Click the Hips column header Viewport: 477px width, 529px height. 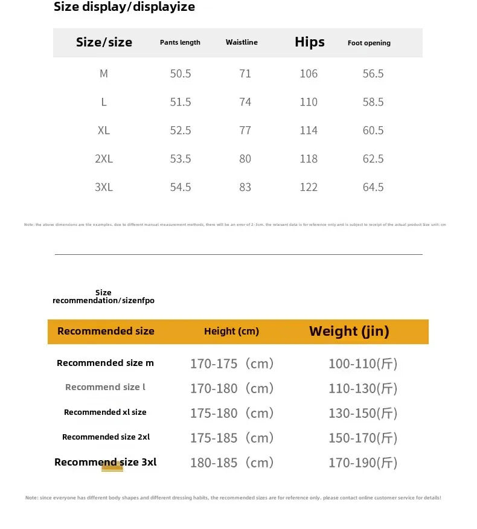pos(309,42)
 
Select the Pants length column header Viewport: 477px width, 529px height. pos(180,42)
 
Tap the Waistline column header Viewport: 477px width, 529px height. pos(242,42)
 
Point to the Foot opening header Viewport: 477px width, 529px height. pos(369,43)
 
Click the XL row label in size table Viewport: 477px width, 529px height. pos(104,130)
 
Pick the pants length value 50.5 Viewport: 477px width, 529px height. pos(181,74)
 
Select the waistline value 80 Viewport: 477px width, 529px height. pos(245,159)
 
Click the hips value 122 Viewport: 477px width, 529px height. pos(309,187)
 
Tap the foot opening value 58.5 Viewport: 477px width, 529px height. pos(373,102)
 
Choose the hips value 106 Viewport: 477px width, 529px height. pos(309,74)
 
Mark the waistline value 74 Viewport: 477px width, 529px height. pos(245,102)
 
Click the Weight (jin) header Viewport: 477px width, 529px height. pos(349,331)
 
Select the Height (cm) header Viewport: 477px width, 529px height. pos(231,331)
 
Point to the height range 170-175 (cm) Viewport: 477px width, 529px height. pos(232,364)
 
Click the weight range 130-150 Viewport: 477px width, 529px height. pos(363,413)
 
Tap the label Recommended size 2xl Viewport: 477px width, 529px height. pos(106,437)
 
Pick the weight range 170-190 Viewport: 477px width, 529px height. pos(363,463)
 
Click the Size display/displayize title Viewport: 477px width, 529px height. pos(124,7)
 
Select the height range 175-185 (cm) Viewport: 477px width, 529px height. pos(232,438)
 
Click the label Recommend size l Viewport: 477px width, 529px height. pos(105,387)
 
